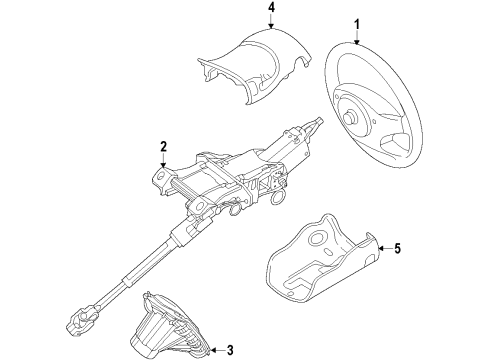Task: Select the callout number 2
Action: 161,150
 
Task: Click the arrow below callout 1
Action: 352,36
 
